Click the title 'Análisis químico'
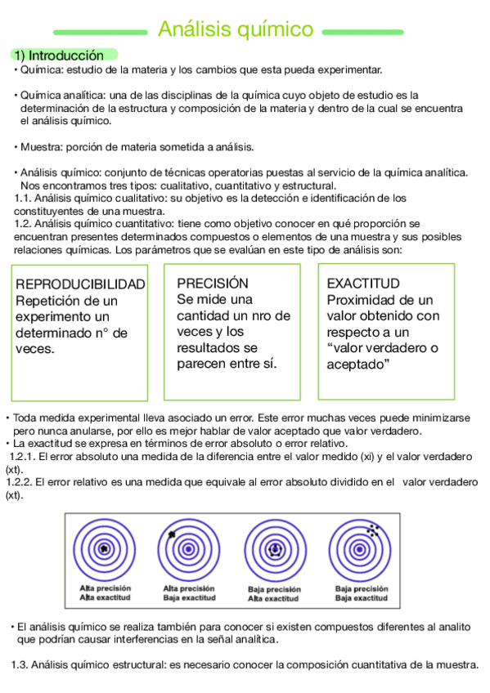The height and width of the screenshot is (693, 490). pos(235,30)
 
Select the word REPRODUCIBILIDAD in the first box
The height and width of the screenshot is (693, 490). pos(80,284)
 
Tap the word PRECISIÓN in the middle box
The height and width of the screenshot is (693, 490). pos(212,283)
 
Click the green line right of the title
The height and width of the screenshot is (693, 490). pos(362,33)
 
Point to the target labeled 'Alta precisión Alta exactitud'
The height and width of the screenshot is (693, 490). pos(104,548)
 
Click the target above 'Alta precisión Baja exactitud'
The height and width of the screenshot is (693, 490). pos(189,548)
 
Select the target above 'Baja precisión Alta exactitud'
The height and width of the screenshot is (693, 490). pos(275,548)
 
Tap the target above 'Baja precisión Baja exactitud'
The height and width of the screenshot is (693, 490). pos(361,548)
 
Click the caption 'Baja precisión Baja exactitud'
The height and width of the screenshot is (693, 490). pos(361,593)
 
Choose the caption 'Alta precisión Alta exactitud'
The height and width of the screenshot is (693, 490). pos(104,593)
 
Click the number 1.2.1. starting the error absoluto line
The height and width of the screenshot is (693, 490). pos(22,456)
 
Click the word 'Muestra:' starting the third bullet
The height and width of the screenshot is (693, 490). pos(40,147)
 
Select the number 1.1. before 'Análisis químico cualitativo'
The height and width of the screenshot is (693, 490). pos(24,198)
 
